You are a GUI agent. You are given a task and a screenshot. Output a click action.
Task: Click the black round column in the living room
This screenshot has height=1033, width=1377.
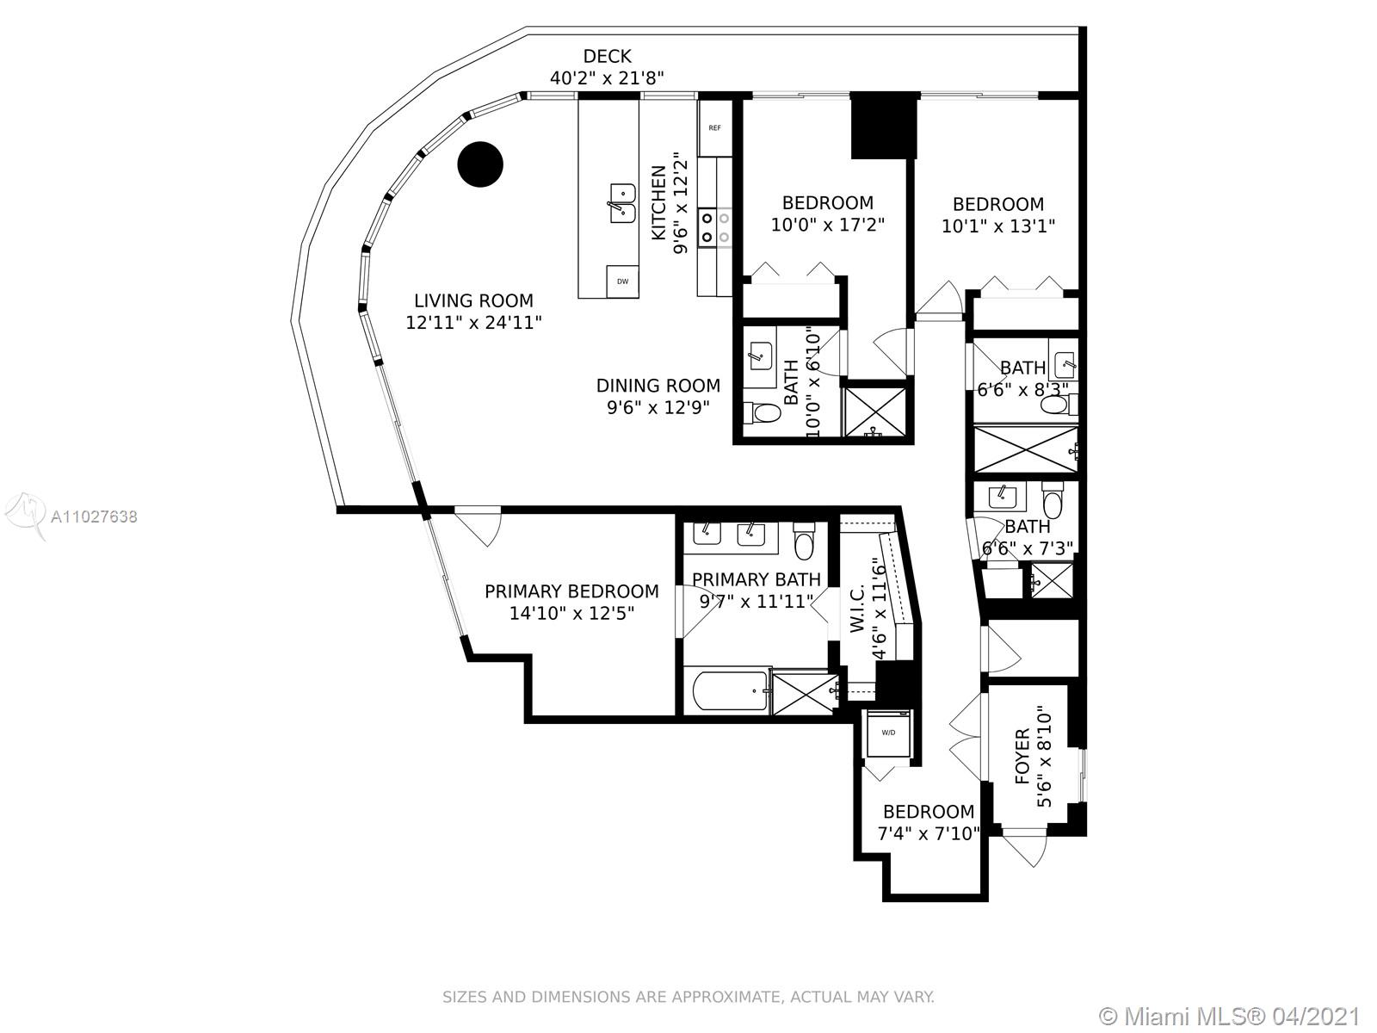480,164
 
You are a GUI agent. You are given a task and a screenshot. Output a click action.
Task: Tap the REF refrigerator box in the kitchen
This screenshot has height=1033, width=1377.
714,128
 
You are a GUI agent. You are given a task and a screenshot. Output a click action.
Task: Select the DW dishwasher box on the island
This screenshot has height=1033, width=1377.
622,281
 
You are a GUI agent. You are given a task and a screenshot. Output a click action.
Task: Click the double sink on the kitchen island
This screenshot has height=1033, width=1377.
619,203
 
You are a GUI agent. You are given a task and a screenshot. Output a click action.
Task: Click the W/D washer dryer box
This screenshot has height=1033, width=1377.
887,733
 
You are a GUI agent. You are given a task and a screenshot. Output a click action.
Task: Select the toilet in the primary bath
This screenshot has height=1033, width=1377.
805,541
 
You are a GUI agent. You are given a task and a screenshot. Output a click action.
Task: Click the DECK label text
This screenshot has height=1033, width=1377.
607,57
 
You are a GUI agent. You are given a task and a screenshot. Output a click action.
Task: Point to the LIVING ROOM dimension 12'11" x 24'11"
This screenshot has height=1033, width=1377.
473,323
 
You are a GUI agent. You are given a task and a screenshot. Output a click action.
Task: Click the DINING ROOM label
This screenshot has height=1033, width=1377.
658,386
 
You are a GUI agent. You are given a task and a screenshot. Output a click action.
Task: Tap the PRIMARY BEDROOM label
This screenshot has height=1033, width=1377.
571,591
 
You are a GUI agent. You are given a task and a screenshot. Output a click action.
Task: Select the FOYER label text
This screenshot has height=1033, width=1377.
1022,756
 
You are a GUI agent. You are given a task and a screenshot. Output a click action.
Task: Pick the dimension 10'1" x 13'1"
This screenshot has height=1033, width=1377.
998,226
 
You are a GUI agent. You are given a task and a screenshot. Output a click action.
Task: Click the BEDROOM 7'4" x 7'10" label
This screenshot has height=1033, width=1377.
929,812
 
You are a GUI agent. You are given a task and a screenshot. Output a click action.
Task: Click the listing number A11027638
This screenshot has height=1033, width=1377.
94,516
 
